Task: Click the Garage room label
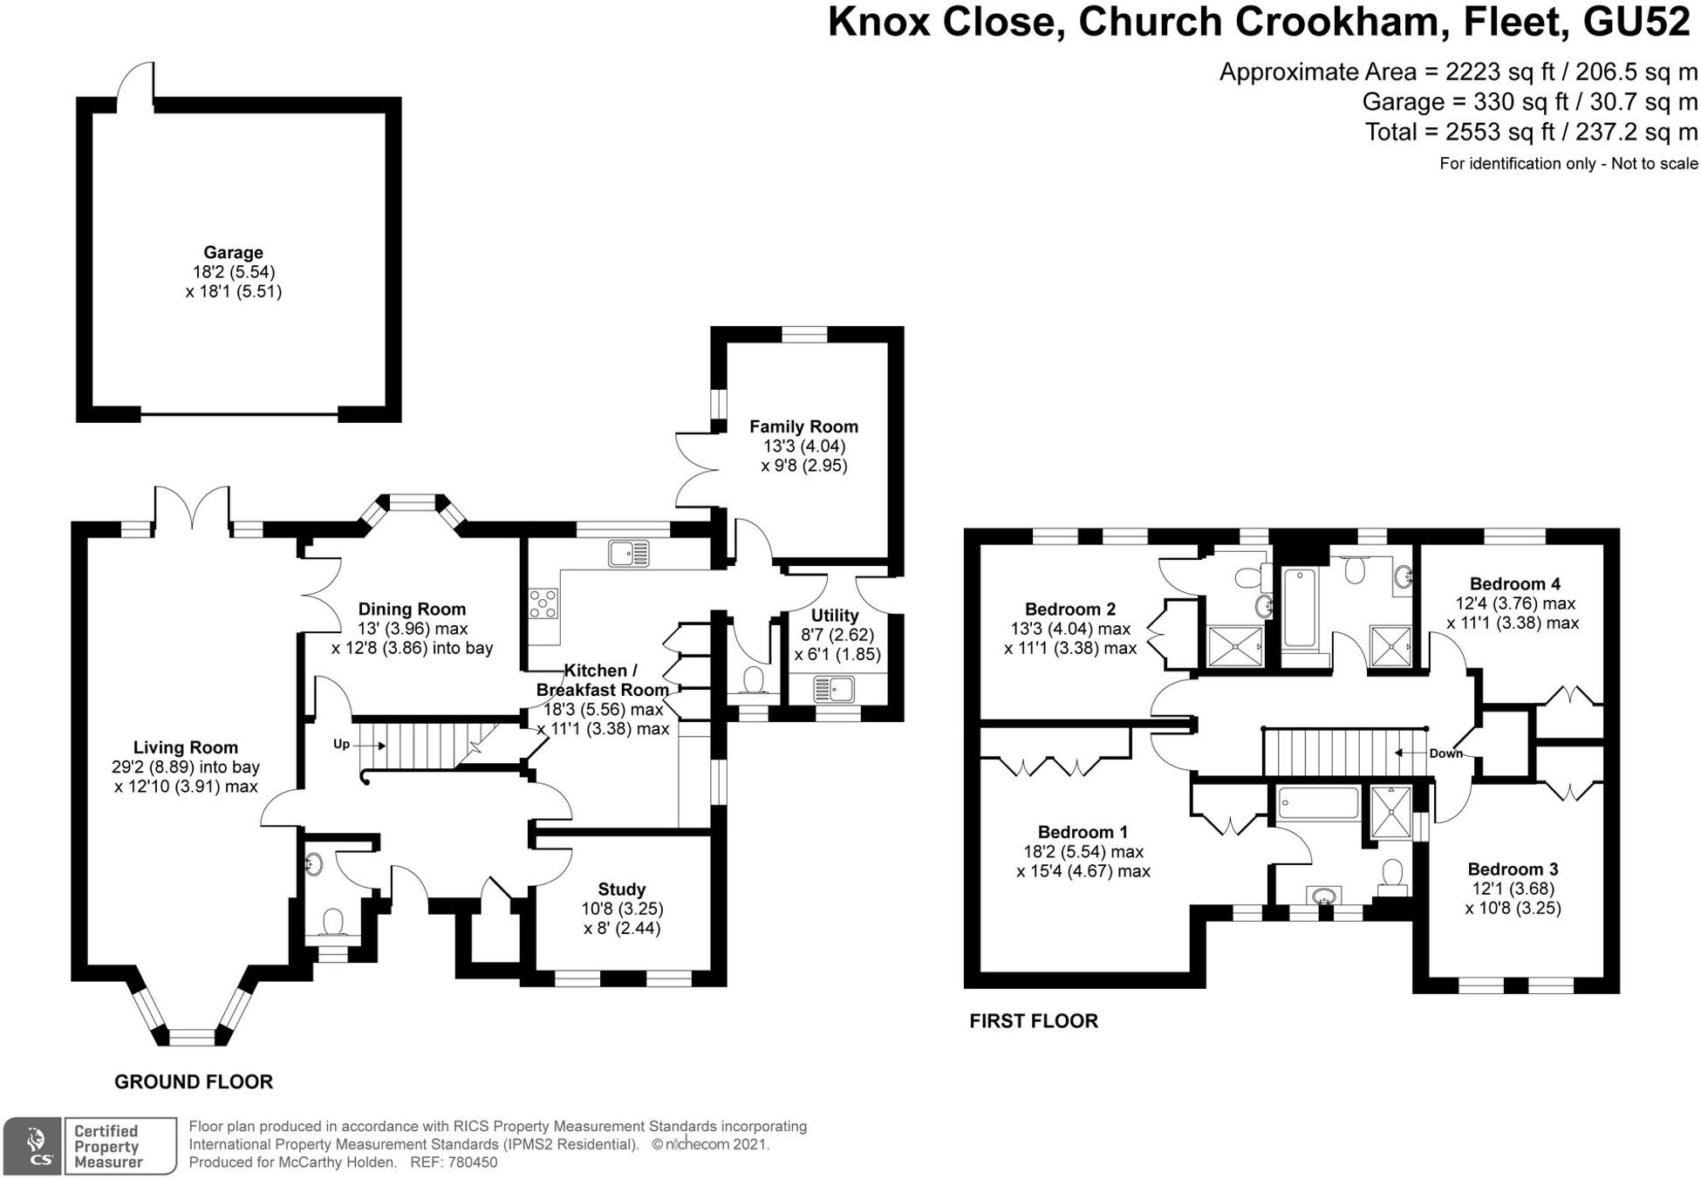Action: click(233, 253)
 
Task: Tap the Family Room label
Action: click(803, 426)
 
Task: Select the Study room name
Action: click(621, 889)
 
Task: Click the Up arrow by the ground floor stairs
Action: click(371, 745)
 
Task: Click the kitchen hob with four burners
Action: click(543, 603)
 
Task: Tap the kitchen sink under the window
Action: click(629, 553)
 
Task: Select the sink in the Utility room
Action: click(833, 690)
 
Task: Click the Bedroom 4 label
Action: click(1514, 584)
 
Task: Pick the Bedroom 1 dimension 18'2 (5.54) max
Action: click(1083, 852)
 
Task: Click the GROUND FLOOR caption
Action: click(194, 1081)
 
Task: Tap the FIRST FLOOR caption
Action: click(1033, 1020)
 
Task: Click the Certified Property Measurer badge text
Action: click(107, 1146)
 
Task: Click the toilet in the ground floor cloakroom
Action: click(332, 923)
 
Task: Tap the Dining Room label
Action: click(412, 610)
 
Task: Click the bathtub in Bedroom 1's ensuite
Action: click(1317, 803)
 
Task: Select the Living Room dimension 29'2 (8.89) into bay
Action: click(185, 767)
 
